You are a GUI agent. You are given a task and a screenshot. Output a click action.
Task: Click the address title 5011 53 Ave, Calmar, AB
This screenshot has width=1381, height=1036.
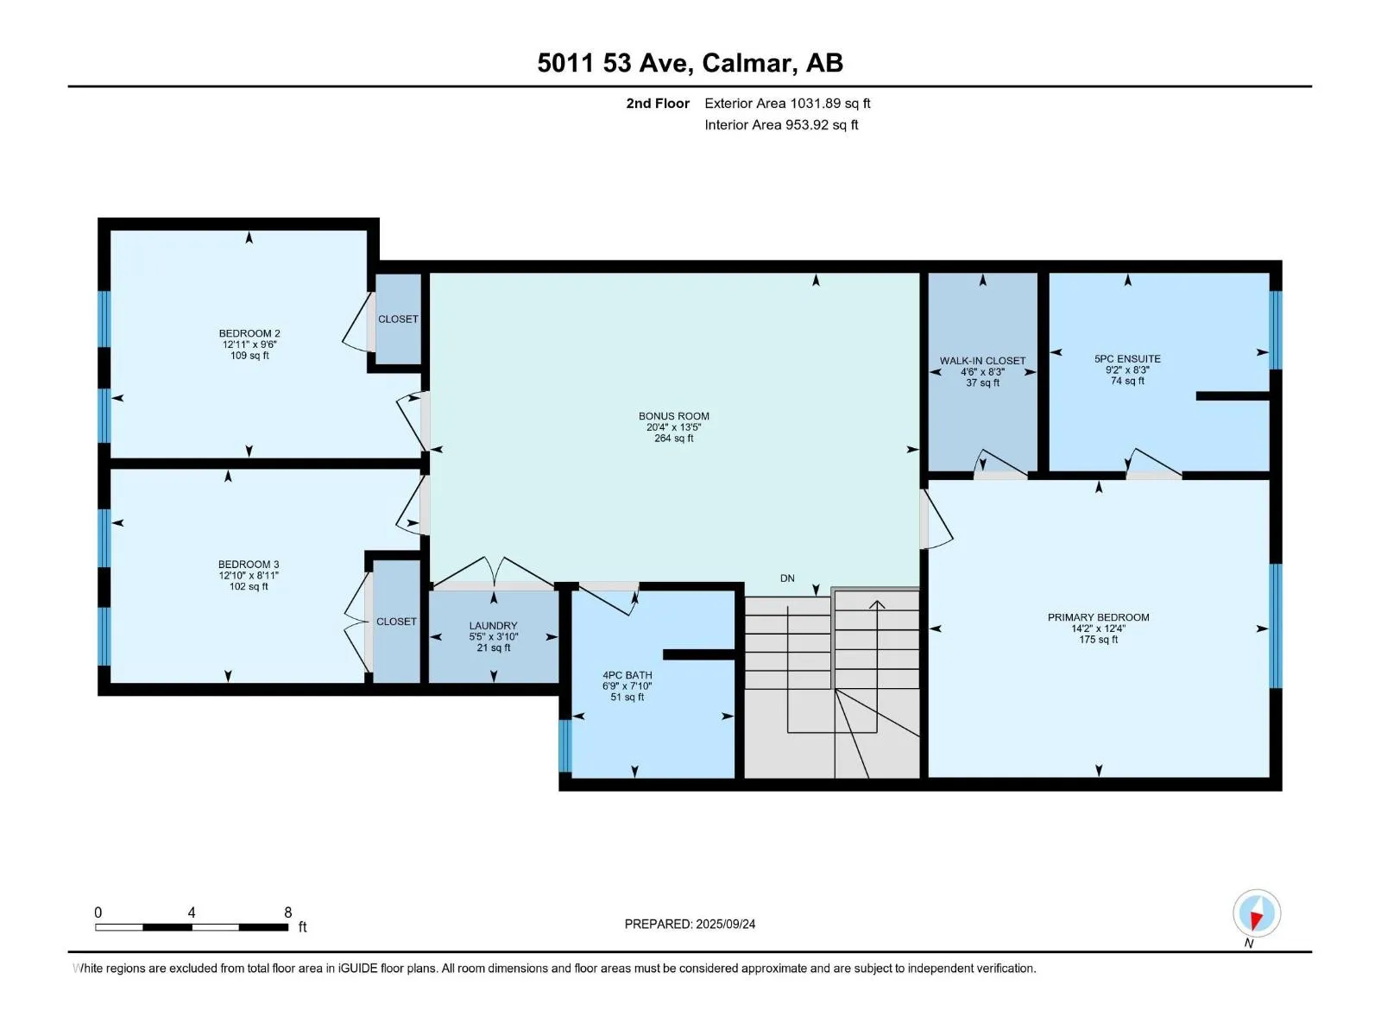(x=690, y=63)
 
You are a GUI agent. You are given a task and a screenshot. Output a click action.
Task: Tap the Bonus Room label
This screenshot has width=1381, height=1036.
(x=674, y=416)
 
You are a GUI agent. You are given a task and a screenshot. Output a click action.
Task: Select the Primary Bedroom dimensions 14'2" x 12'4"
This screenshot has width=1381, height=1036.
(x=1099, y=629)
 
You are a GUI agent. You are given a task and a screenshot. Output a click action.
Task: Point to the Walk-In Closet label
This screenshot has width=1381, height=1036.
(x=983, y=361)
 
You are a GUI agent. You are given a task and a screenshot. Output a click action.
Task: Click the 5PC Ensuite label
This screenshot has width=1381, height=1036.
(x=1127, y=359)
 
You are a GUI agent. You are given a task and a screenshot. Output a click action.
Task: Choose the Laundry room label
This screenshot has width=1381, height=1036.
(x=493, y=626)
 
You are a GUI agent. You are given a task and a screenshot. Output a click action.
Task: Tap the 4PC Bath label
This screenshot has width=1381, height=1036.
(x=627, y=675)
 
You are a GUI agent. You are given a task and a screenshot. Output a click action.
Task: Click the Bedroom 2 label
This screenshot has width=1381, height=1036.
(x=249, y=333)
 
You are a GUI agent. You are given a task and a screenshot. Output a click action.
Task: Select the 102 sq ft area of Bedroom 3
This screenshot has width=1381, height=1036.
(x=249, y=587)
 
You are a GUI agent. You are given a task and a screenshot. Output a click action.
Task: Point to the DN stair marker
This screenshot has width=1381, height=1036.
(x=787, y=578)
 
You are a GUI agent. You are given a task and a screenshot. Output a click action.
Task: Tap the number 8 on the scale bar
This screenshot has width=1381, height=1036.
(x=288, y=912)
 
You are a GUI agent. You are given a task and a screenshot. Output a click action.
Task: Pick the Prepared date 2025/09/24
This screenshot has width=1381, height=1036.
(x=725, y=924)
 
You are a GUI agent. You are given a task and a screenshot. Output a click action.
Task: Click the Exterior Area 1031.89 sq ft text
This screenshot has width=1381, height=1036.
(x=787, y=104)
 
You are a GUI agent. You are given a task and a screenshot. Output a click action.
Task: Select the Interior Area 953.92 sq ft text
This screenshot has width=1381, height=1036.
(x=781, y=125)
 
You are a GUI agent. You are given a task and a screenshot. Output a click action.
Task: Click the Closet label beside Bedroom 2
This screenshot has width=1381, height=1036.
(x=398, y=319)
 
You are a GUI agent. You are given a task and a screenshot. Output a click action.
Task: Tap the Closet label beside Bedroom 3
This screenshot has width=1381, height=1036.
(x=396, y=622)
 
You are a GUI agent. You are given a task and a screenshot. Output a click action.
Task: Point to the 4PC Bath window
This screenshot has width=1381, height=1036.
(x=565, y=745)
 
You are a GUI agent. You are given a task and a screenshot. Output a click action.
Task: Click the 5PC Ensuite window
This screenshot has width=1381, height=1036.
(x=1276, y=330)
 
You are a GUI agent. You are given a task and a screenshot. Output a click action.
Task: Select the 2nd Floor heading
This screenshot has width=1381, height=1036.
(x=658, y=104)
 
